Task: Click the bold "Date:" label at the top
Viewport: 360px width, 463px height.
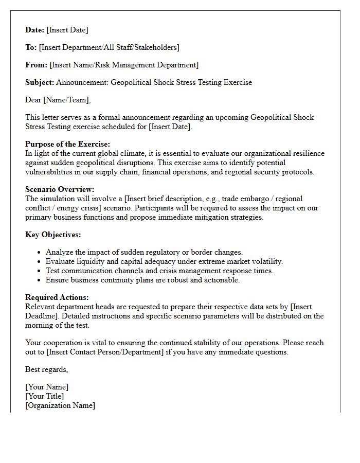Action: tap(35, 30)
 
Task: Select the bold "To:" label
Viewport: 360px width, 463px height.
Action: tap(31, 47)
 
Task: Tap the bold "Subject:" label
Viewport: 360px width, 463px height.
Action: tap(40, 82)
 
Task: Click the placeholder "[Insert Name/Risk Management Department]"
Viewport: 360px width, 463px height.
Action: tap(123, 65)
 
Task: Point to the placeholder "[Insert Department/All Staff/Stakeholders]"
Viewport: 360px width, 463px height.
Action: tap(109, 47)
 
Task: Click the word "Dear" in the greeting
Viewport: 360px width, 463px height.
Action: tap(33, 100)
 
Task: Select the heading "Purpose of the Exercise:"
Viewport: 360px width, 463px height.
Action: tap(67, 144)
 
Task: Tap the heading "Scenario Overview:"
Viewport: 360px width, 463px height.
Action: tap(60, 189)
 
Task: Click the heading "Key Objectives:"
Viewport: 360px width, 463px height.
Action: tap(53, 235)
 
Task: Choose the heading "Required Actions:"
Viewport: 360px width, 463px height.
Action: tap(57, 297)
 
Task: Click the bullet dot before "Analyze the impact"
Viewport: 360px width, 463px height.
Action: tap(40, 253)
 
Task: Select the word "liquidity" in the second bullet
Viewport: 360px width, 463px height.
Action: tap(94, 261)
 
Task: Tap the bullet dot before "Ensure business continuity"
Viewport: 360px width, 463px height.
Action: tap(40, 280)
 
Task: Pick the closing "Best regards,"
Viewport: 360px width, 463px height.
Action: tap(47, 369)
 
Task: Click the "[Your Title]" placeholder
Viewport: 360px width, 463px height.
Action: tap(45, 396)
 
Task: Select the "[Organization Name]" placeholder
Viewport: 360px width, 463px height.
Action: tap(60, 405)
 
